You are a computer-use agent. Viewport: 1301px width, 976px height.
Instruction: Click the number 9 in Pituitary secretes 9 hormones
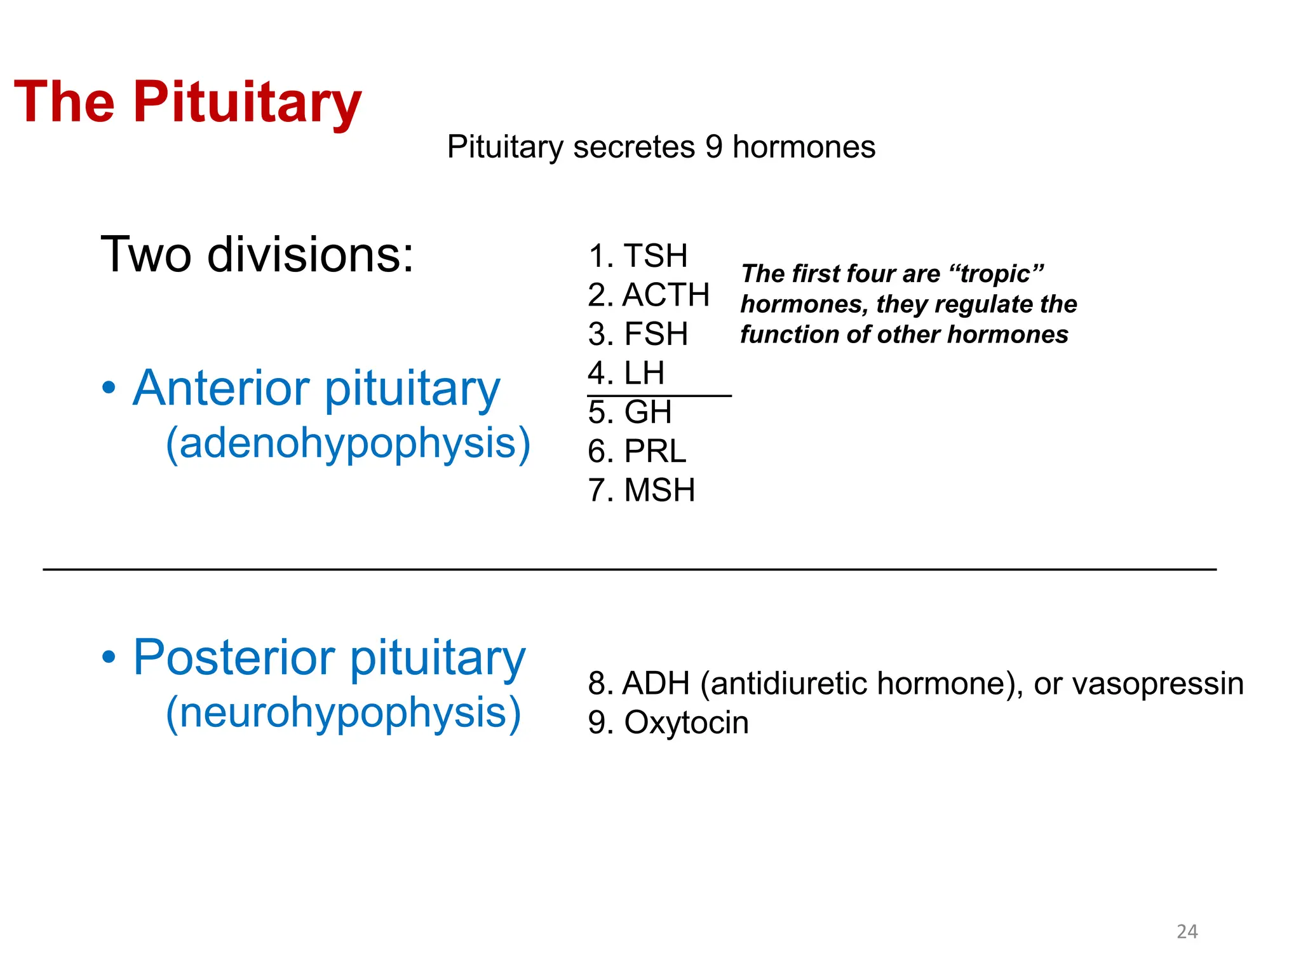click(x=713, y=147)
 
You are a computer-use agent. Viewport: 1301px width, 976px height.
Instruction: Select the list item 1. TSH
click(x=638, y=256)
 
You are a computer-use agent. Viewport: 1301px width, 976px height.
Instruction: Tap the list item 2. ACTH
click(x=649, y=295)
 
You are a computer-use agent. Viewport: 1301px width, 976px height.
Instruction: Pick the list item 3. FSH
click(x=638, y=334)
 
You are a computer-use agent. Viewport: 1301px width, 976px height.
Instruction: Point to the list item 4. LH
click(x=626, y=373)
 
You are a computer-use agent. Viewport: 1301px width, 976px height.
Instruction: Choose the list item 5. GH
click(x=630, y=412)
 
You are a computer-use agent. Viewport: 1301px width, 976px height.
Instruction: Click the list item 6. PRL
click(x=637, y=452)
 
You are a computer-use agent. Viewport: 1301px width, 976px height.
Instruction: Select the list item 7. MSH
click(x=642, y=491)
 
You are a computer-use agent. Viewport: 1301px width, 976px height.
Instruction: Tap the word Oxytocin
click(x=686, y=723)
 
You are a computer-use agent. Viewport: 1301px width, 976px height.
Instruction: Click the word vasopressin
click(x=1138, y=684)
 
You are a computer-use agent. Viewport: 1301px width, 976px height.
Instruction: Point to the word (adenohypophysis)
click(x=347, y=444)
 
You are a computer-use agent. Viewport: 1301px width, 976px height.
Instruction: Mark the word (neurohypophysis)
click(x=343, y=713)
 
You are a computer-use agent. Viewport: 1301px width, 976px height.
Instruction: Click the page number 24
click(x=1187, y=932)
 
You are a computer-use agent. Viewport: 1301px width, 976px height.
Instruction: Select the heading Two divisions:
click(x=257, y=254)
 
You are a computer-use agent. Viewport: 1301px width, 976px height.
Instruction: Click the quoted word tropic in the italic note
click(x=995, y=274)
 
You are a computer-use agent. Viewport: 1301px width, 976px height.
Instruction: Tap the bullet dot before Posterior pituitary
click(x=109, y=657)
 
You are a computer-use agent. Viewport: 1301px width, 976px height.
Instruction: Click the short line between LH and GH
click(x=659, y=396)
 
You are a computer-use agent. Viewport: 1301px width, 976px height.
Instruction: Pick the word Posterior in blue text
click(x=234, y=658)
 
